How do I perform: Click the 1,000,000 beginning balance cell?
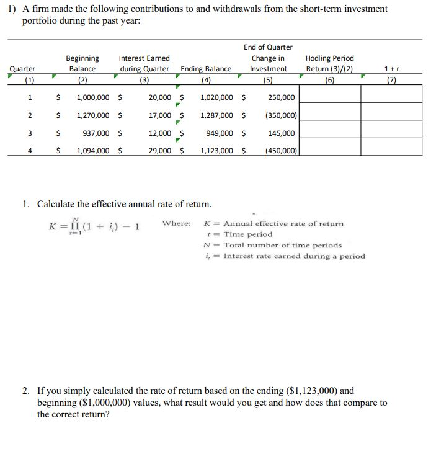pos(93,97)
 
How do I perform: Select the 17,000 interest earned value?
pos(160,115)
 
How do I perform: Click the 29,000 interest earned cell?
pos(160,151)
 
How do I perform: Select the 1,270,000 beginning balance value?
pos(93,115)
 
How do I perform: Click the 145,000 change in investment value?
pos(282,133)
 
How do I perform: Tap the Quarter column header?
pos(22,69)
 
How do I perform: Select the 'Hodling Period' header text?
pos(329,58)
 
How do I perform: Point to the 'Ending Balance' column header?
pos(206,69)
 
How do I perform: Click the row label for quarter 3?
pos(30,133)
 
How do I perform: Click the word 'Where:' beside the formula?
pos(176,223)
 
